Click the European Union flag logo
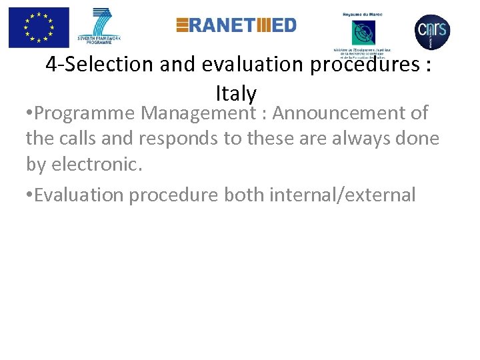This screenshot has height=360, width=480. [39, 27]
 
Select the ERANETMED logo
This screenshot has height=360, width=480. [236, 25]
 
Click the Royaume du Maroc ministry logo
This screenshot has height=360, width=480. [363, 30]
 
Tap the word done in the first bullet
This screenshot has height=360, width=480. [419, 139]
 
